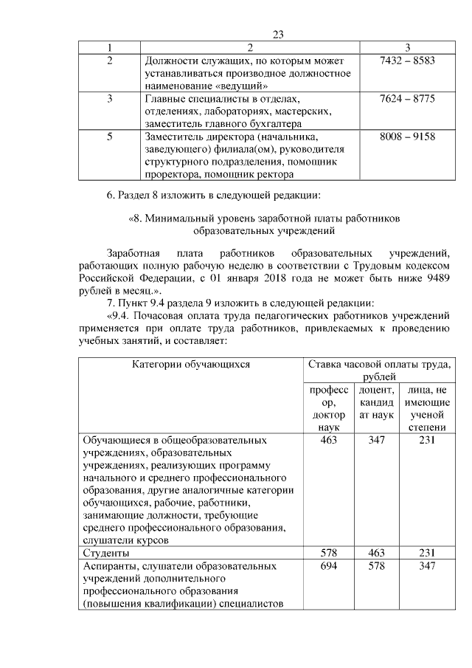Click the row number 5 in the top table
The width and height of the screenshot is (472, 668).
109,137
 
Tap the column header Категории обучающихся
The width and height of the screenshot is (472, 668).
191,363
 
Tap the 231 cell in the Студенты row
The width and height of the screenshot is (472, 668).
427,552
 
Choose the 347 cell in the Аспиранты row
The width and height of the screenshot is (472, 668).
427,566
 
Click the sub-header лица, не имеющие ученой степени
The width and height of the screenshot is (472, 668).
427,407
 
